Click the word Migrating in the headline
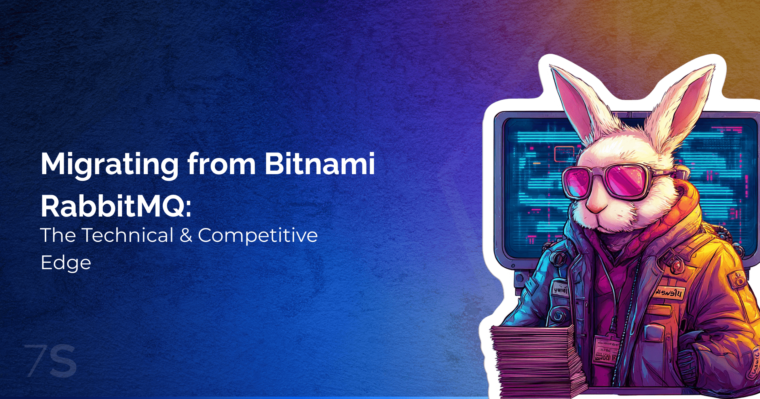pos(109,165)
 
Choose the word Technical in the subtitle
pos(127,236)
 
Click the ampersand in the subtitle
pos(186,236)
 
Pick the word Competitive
pos(258,236)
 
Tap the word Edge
pos(66,263)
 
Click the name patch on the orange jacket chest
pos(669,293)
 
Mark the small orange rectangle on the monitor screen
pos(564,153)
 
